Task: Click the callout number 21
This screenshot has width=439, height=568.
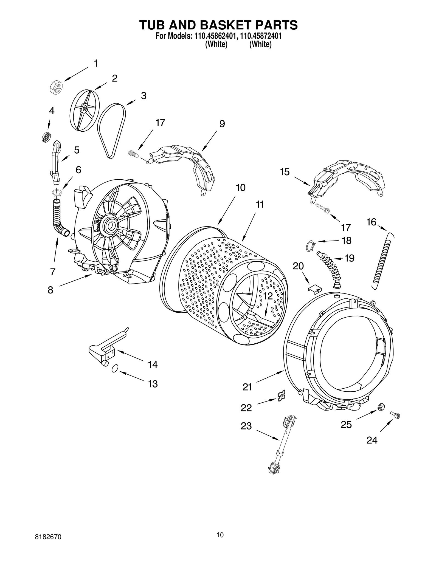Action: pyautogui.click(x=247, y=387)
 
